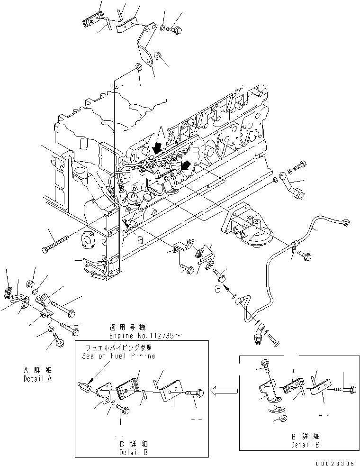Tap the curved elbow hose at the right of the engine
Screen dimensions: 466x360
tap(291, 184)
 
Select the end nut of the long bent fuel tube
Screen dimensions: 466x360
tap(346, 222)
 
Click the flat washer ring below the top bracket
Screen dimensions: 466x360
tap(138, 65)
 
